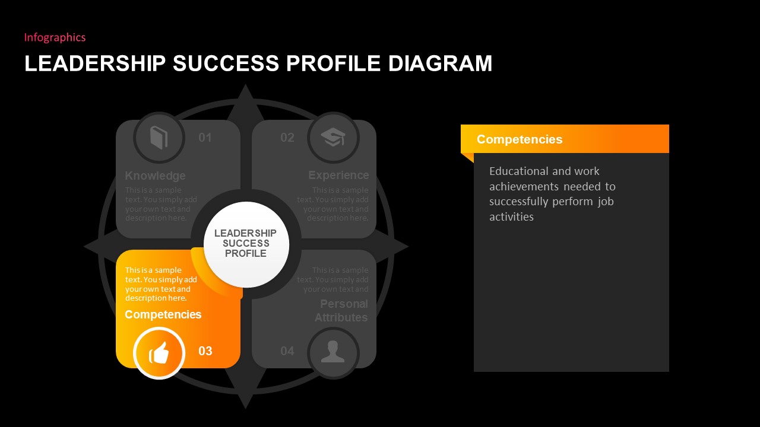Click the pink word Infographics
coord(55,37)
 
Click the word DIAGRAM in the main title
coord(440,63)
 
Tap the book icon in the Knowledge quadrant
coord(159,138)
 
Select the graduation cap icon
coord(333,138)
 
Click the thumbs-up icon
coord(159,353)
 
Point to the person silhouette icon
coord(333,352)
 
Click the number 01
coord(205,138)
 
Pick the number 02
coord(287,138)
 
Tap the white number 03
coord(205,351)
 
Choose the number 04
coord(287,351)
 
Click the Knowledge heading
coord(155,176)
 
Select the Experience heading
coord(338,175)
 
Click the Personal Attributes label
coord(341,311)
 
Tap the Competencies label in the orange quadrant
coord(163,314)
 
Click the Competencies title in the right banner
coord(520,139)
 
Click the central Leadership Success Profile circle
coord(246,244)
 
